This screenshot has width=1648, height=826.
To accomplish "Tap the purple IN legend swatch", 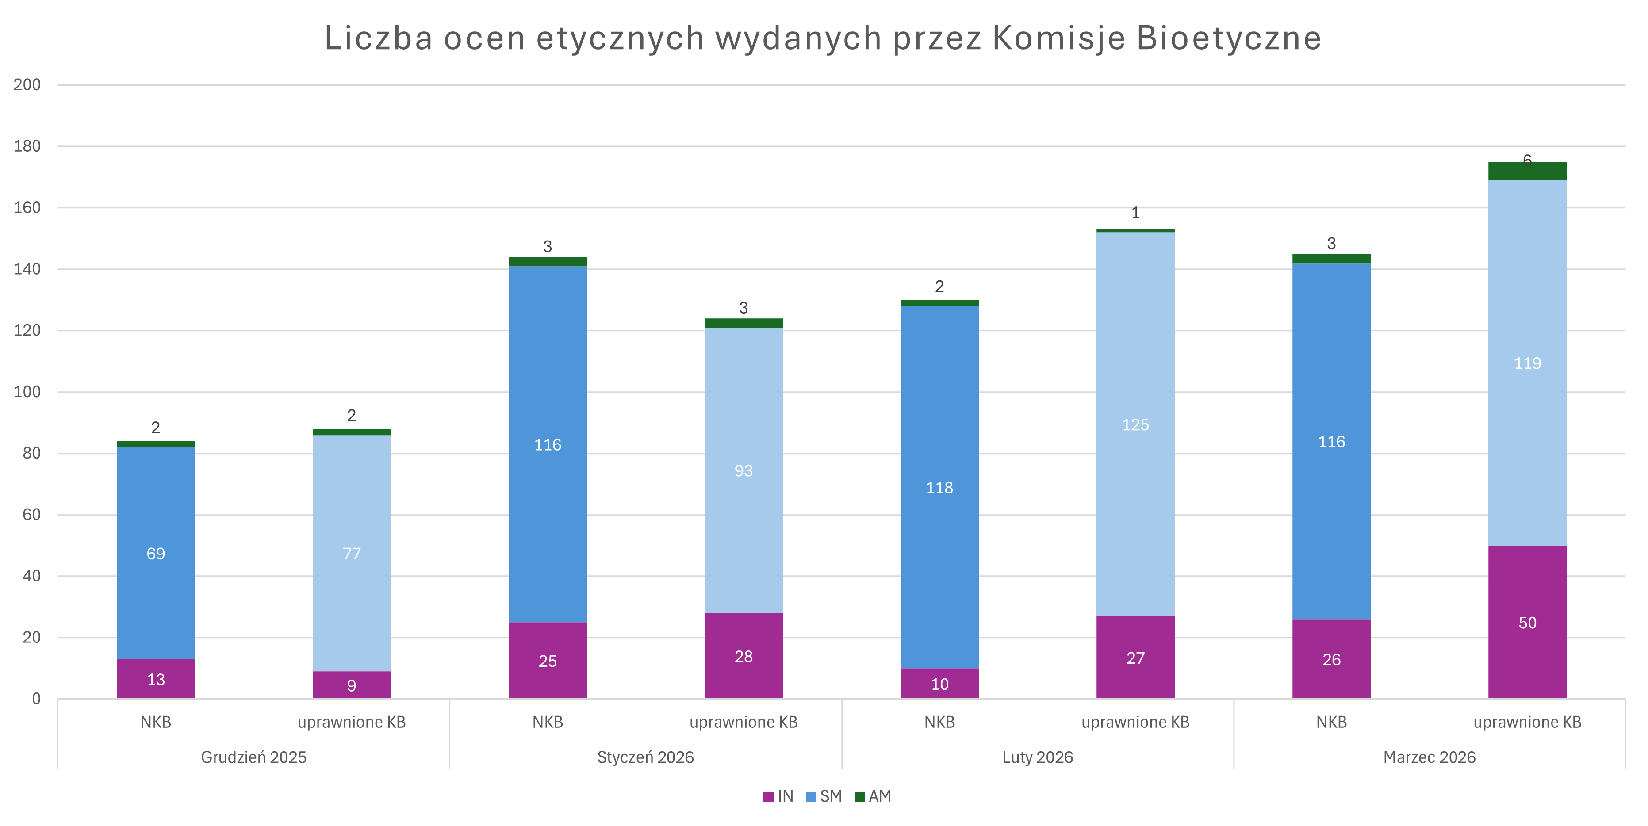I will click(768, 796).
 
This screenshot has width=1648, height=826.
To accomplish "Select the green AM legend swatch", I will click(860, 796).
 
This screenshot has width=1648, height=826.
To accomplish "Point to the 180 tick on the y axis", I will click(27, 146).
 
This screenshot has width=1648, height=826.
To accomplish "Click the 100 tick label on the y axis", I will click(27, 392).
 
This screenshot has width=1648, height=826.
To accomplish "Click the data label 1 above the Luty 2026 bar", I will click(1135, 213).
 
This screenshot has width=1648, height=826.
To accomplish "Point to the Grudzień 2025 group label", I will click(254, 757).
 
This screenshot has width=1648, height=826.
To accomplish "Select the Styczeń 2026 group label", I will click(645, 757).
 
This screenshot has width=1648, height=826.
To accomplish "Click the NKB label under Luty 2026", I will click(939, 723).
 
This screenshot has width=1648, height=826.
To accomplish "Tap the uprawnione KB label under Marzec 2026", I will click(1527, 723).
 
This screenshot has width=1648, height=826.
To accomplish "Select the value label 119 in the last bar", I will click(1527, 363).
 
